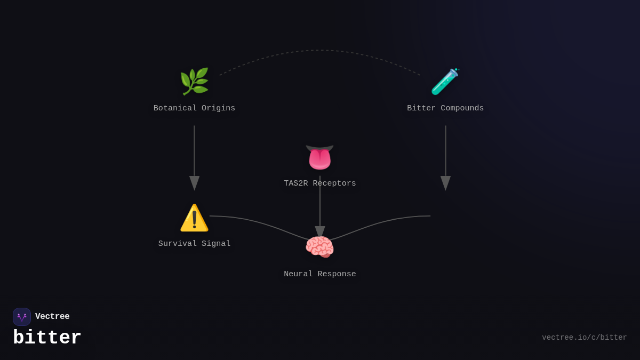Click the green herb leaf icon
coord(194,82)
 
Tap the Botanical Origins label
coord(194,108)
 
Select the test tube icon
coord(445,82)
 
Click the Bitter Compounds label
coord(445,108)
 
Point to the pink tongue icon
coord(319,157)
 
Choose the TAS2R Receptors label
coord(320,183)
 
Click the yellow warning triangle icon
coord(194,218)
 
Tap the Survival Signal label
coord(194,244)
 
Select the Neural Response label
coord(320,274)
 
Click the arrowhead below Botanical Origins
coord(194,182)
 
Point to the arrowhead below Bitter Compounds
coord(445,182)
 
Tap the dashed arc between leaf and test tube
coord(320,51)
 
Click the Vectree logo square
coord(22,317)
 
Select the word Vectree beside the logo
coord(52,317)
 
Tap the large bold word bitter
coord(47,338)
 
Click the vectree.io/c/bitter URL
coord(584,338)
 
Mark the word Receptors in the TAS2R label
coord(334,183)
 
